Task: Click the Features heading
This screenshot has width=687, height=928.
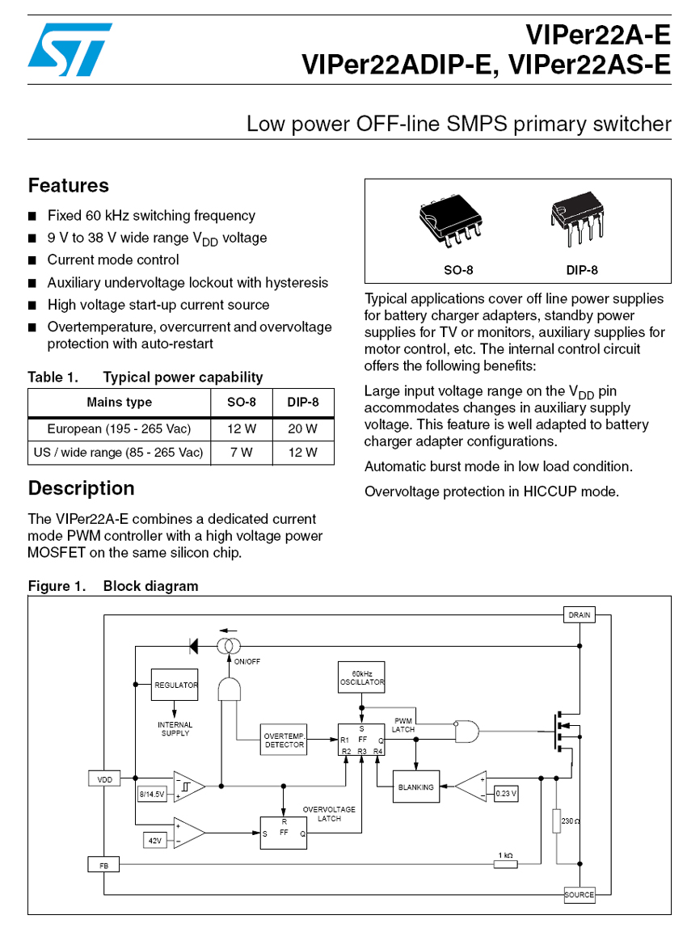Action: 69,186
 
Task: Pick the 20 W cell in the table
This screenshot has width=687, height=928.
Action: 303,428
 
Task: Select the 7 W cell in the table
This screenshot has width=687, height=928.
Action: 241,453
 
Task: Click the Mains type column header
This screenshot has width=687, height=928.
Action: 119,403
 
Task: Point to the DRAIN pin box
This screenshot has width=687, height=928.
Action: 580,615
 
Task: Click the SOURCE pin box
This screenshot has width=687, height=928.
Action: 579,895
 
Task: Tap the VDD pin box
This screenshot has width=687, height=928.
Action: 104,779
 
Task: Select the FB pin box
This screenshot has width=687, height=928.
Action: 103,865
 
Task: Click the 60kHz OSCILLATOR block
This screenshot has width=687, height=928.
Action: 361,678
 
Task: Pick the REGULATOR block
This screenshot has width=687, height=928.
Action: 175,685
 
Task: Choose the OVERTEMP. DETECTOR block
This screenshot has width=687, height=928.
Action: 284,740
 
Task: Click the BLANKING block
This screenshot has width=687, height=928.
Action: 416,787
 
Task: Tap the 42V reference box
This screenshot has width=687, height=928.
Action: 154,841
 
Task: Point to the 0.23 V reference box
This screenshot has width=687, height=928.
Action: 505,793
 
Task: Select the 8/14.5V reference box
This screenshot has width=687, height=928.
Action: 152,795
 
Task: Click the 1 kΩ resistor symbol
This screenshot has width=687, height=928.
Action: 505,864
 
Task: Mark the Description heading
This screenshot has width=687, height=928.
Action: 81,489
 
